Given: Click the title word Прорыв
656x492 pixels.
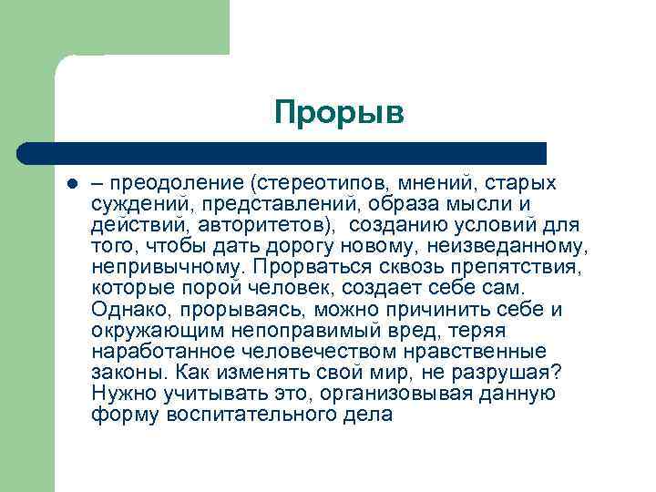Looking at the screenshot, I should [338, 114].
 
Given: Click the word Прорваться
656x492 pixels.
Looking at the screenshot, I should [304, 267].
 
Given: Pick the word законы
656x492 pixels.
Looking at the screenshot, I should [128, 373].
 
